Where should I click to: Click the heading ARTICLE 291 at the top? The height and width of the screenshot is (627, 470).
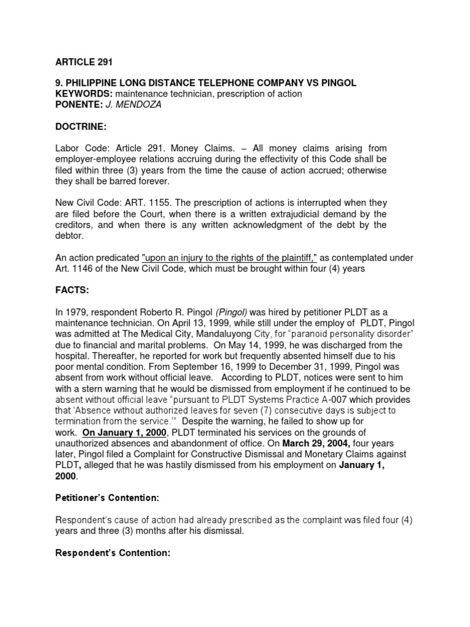click(x=84, y=62)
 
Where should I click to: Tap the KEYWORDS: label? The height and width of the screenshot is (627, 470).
click(x=82, y=94)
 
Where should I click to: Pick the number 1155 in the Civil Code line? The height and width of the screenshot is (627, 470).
click(x=165, y=202)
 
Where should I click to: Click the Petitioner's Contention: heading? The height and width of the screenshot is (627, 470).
click(x=108, y=497)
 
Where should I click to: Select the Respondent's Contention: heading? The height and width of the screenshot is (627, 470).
click(x=112, y=553)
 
